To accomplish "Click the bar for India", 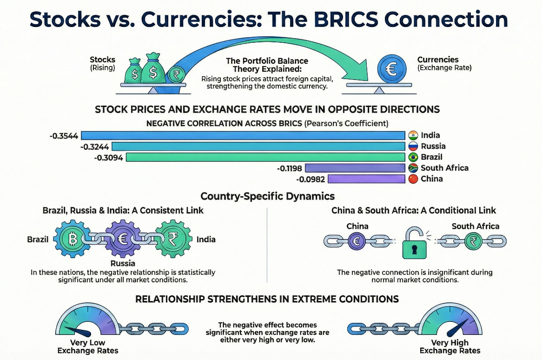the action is coord(244,135).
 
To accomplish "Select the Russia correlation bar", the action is coord(258,146).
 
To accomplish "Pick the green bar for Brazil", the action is coord(265,157).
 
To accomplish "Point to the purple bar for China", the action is coord(367,179).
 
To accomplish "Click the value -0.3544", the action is coord(65,136).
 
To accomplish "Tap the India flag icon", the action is coord(413,135).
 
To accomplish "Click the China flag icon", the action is coord(413,179).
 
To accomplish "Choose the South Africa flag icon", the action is coord(413,168).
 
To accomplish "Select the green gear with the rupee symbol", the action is coord(173,240).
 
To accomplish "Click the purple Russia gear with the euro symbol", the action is coord(123,240).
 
